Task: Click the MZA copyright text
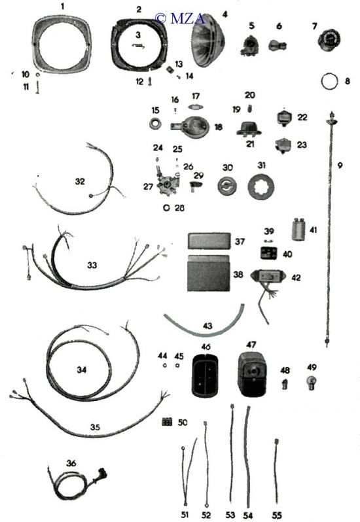180,18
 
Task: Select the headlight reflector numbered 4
209,41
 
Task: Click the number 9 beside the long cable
339,165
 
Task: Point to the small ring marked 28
166,208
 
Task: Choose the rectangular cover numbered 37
209,241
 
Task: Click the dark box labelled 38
209,273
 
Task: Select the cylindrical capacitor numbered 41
299,229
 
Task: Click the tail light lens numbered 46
206,375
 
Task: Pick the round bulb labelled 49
312,382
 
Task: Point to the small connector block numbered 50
167,422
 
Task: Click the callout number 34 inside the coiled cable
82,370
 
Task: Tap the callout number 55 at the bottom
276,515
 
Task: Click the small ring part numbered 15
155,124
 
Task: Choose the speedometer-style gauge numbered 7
329,40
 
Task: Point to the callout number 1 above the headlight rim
62,7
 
